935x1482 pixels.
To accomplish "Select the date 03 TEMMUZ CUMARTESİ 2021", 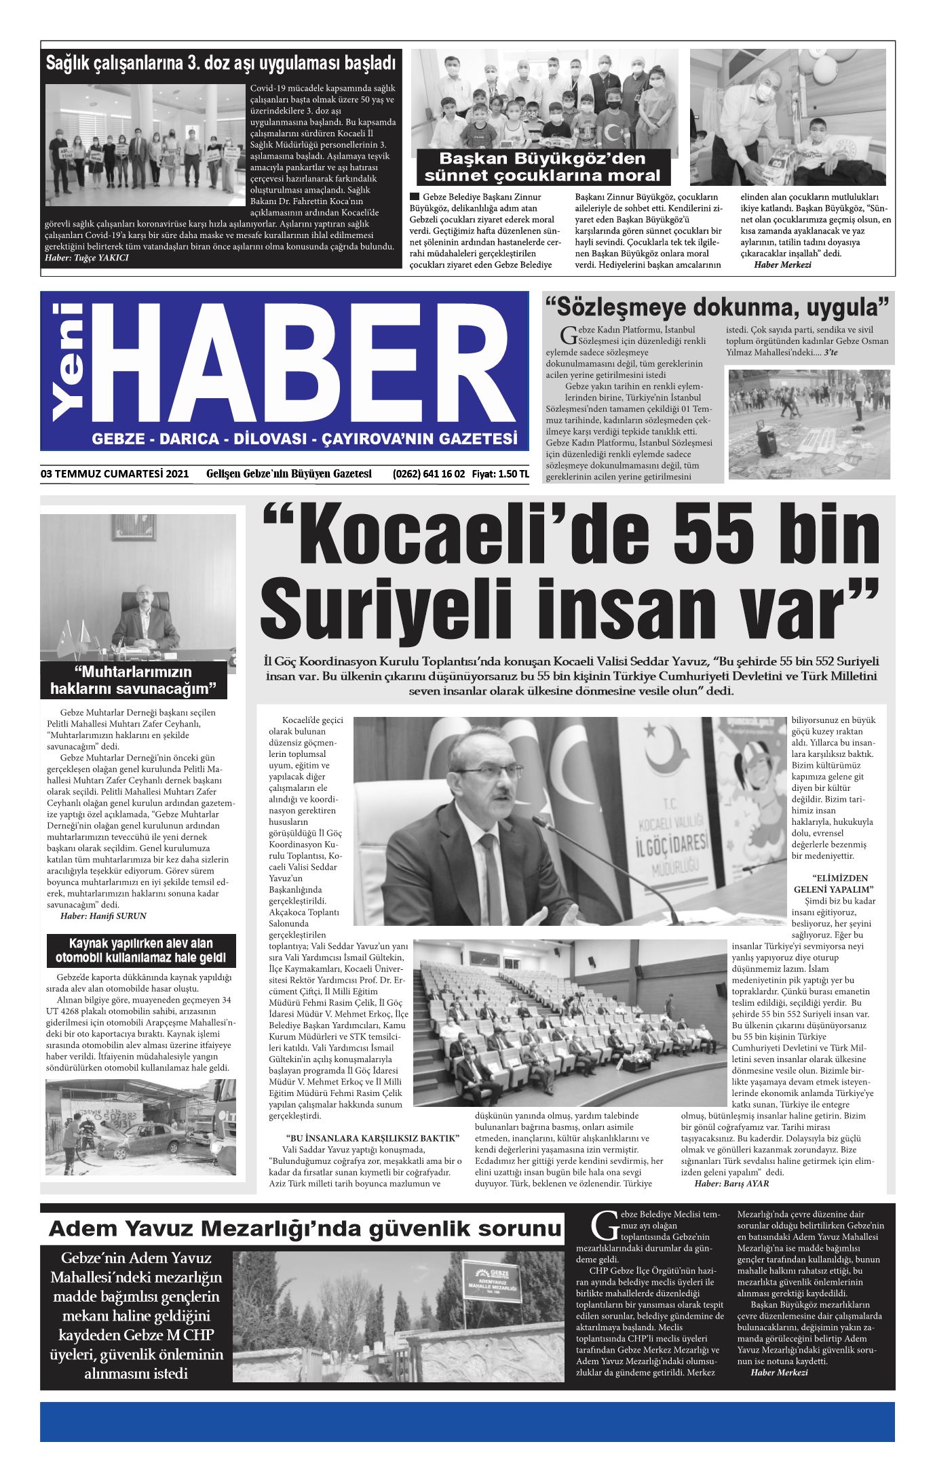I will (115, 474).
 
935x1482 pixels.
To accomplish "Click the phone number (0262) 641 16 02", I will (428, 474).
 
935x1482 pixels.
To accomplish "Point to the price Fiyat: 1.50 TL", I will (500, 474).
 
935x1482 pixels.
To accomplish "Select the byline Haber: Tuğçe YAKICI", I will (86, 258).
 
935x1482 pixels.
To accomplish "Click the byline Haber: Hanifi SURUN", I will (103, 916).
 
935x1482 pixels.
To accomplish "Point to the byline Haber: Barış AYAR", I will (731, 1184).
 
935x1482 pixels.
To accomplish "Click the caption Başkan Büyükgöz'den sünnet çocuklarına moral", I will (542, 167).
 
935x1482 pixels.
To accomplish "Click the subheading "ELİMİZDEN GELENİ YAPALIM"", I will (833, 883).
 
